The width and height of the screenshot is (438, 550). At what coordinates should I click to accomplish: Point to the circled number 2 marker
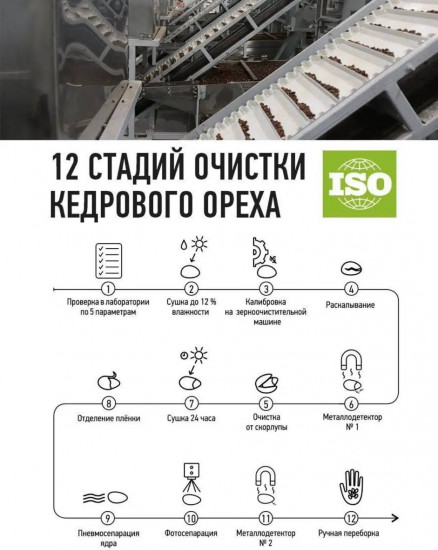click(190, 288)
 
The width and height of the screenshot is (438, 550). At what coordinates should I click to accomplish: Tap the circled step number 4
click(351, 288)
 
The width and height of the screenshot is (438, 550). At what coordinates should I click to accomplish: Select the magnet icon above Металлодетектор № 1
click(351, 363)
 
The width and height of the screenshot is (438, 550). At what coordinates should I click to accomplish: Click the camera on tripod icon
click(190, 478)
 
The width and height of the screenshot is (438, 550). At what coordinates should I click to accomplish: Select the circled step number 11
click(269, 519)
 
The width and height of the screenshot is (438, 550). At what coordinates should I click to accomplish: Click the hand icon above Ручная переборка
click(351, 485)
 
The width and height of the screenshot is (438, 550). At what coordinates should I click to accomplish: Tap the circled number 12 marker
click(351, 519)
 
